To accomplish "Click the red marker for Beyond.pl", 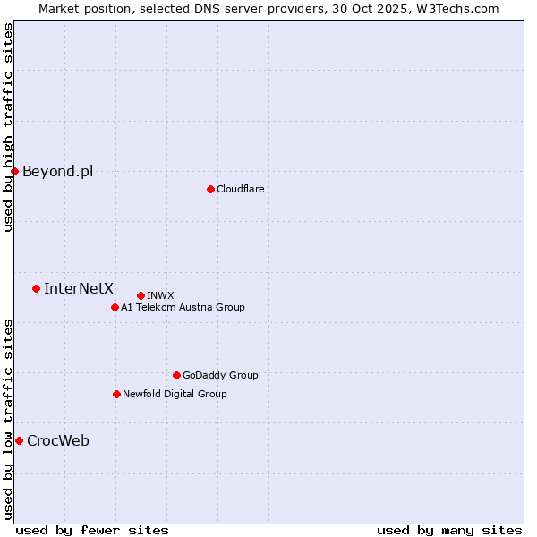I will pyautogui.click(x=14, y=171).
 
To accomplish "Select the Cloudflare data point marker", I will pyautogui.click(x=210, y=189).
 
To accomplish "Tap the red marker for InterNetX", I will pyautogui.click(x=36, y=288).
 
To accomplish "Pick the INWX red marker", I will pyautogui.click(x=141, y=295).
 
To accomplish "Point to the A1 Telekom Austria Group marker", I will pyautogui.click(x=115, y=307).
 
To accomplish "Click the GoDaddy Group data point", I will pyautogui.click(x=176, y=375).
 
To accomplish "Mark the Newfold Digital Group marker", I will pyautogui.click(x=116, y=394).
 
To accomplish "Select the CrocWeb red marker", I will pyautogui.click(x=19, y=440).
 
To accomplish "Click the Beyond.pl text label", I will pyautogui.click(x=57, y=171).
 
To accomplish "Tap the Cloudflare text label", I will pyautogui.click(x=240, y=189).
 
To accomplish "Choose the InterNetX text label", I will pyautogui.click(x=79, y=288).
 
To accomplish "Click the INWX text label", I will pyautogui.click(x=160, y=295).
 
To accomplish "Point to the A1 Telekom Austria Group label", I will pyautogui.click(x=183, y=307).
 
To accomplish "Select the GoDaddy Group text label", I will pyautogui.click(x=220, y=375).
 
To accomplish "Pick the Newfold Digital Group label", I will pyautogui.click(x=175, y=394).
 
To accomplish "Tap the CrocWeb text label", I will pyautogui.click(x=58, y=440).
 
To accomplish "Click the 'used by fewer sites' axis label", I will pyautogui.click(x=92, y=530).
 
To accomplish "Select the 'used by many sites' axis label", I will pyautogui.click(x=449, y=530).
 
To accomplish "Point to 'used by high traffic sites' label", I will pyautogui.click(x=8, y=127).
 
